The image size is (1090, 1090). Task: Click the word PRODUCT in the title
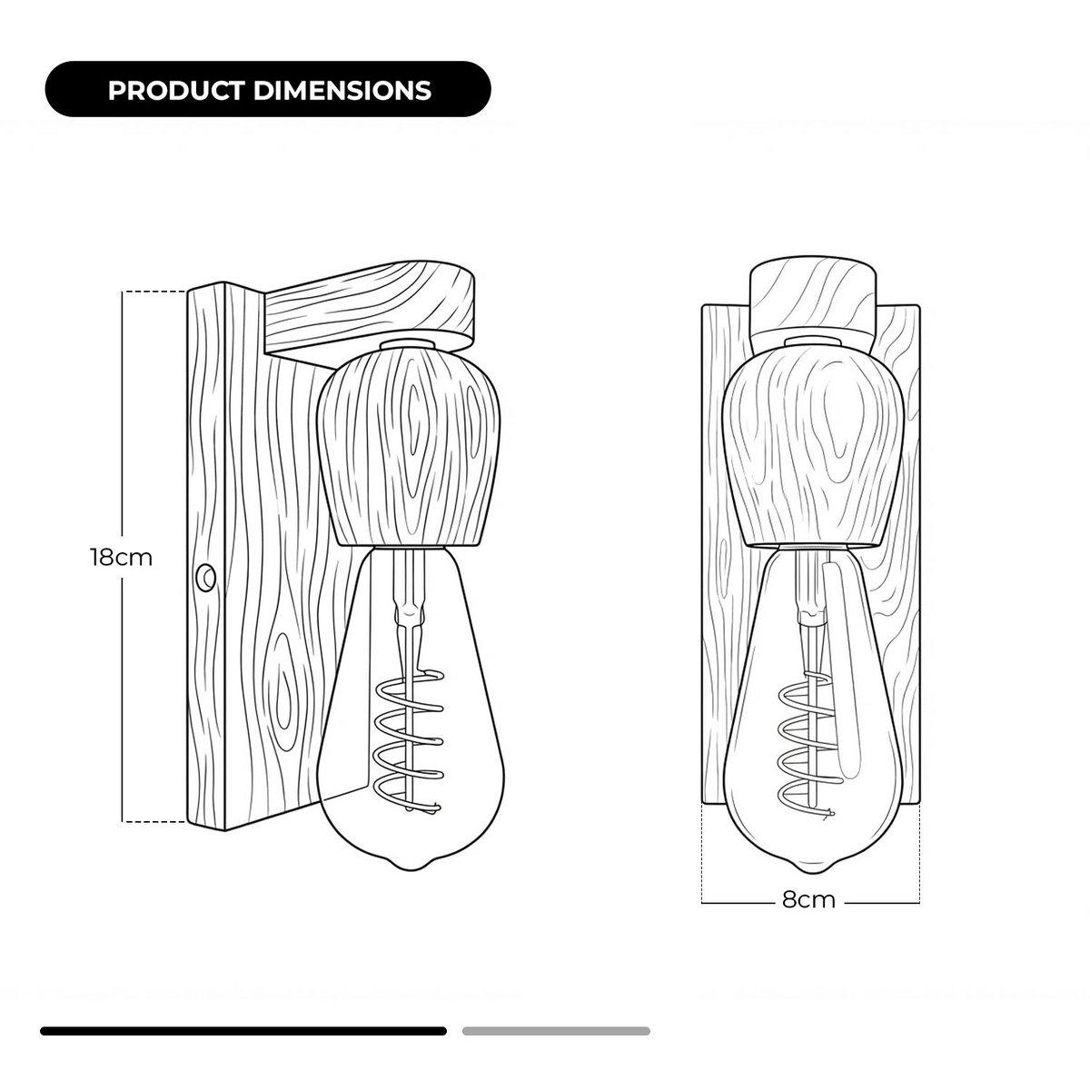[x=176, y=90]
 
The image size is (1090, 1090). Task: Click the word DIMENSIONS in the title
[x=342, y=90]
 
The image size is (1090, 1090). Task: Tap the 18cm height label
[x=122, y=558]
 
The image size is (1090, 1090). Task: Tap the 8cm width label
[x=809, y=899]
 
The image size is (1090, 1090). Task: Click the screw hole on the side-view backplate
[x=205, y=578]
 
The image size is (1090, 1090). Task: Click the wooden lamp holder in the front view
[x=812, y=444]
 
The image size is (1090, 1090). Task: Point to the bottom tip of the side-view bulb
[x=411, y=870]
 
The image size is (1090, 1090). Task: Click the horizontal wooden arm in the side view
[x=370, y=307]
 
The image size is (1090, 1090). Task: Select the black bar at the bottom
[x=243, y=1031]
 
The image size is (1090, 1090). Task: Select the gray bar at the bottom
[x=556, y=1031]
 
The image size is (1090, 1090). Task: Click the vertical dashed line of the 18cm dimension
[x=123, y=556]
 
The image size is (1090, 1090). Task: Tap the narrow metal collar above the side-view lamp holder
[x=408, y=343]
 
